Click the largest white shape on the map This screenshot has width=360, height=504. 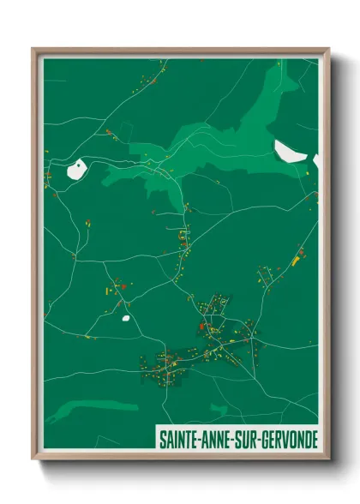click(x=289, y=151)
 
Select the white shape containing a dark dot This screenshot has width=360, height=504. click(x=76, y=168)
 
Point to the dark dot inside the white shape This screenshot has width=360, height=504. click(x=78, y=167)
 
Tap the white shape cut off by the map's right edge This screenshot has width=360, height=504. click(x=315, y=160)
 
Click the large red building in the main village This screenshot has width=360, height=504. click(x=201, y=326)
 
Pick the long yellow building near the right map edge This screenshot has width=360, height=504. click(x=298, y=257)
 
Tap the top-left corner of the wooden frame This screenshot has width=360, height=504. click(x=33, y=49)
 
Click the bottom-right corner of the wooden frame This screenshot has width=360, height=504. click(x=328, y=459)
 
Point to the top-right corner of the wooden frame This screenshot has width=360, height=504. click(x=328, y=49)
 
